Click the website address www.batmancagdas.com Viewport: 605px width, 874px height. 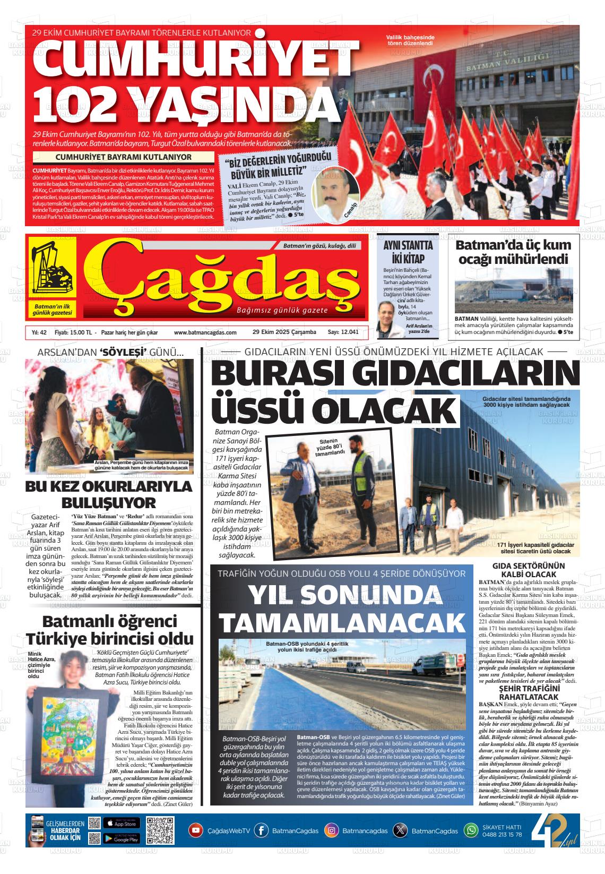tap(205, 332)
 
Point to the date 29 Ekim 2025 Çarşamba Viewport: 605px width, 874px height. tap(284, 332)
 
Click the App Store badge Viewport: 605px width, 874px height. tap(122, 823)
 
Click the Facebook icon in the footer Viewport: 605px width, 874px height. tap(261, 830)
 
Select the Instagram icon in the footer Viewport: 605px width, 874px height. tap(331, 830)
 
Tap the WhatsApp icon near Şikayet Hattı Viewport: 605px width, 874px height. tap(471, 830)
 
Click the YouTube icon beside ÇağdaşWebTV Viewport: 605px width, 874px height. tap(196, 830)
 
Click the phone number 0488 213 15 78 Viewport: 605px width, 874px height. tap(502, 834)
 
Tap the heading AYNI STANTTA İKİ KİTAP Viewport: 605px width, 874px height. tap(408, 252)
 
